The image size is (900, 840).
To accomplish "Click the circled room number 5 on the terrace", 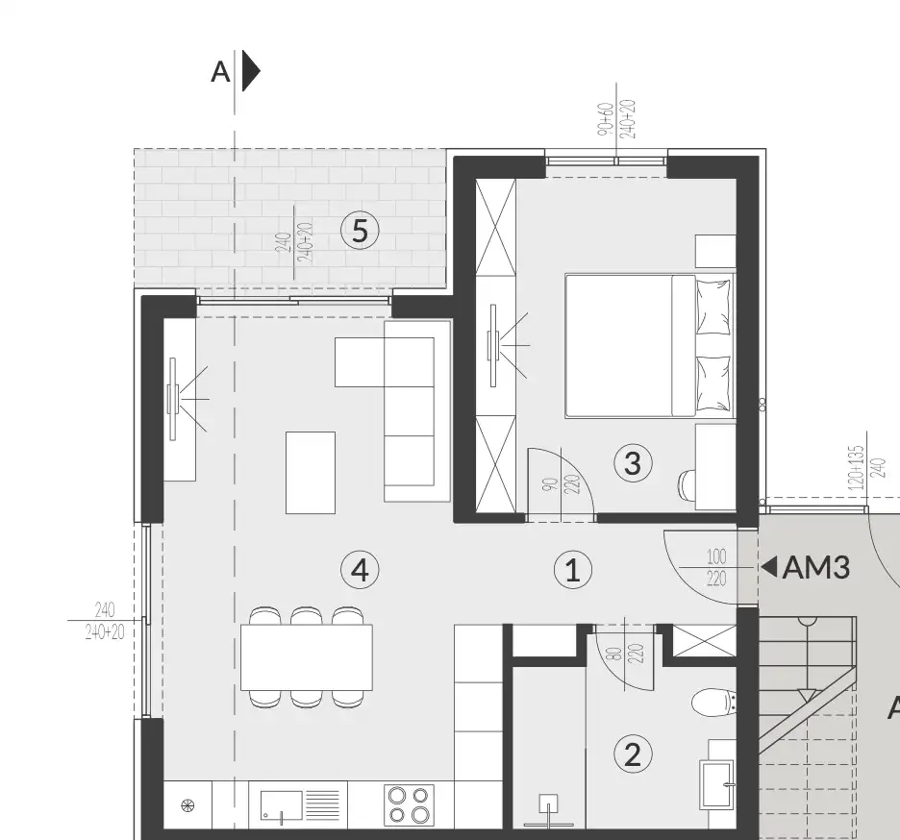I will [360, 231].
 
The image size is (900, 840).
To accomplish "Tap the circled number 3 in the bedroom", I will [632, 463].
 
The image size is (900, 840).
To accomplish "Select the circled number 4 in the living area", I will [360, 570].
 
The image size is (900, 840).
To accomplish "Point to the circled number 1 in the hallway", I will [573, 571].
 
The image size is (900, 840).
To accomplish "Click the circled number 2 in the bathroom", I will [632, 754].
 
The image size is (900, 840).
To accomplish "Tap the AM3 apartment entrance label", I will [816, 568].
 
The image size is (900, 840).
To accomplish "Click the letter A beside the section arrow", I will [221, 72].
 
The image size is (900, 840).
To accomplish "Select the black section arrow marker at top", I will [249, 71].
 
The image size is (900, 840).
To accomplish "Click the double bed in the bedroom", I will [646, 345].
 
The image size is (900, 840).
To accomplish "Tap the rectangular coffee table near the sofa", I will [311, 472].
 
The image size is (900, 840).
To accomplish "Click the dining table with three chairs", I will [306, 657].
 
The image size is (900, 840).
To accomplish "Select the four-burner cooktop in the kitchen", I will [409, 805].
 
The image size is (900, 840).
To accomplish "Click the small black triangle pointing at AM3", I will [769, 567].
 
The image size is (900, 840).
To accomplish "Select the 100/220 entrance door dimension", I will [717, 568].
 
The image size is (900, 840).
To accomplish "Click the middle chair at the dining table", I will [306, 616].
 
